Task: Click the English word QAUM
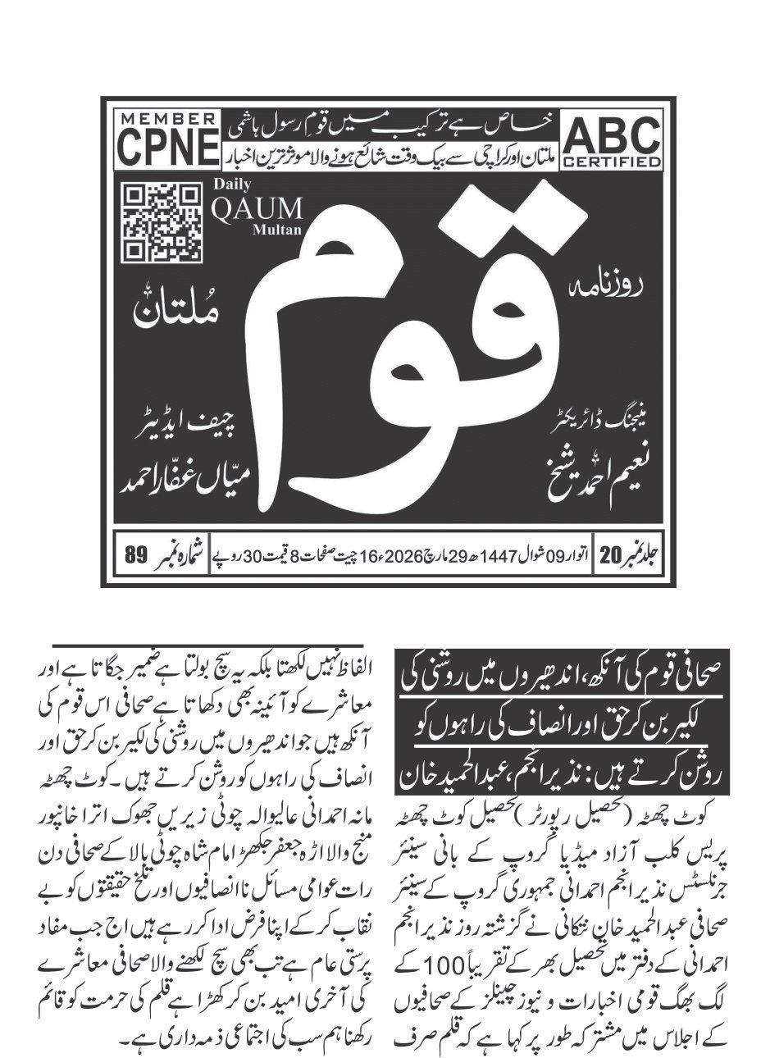click(257, 210)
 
